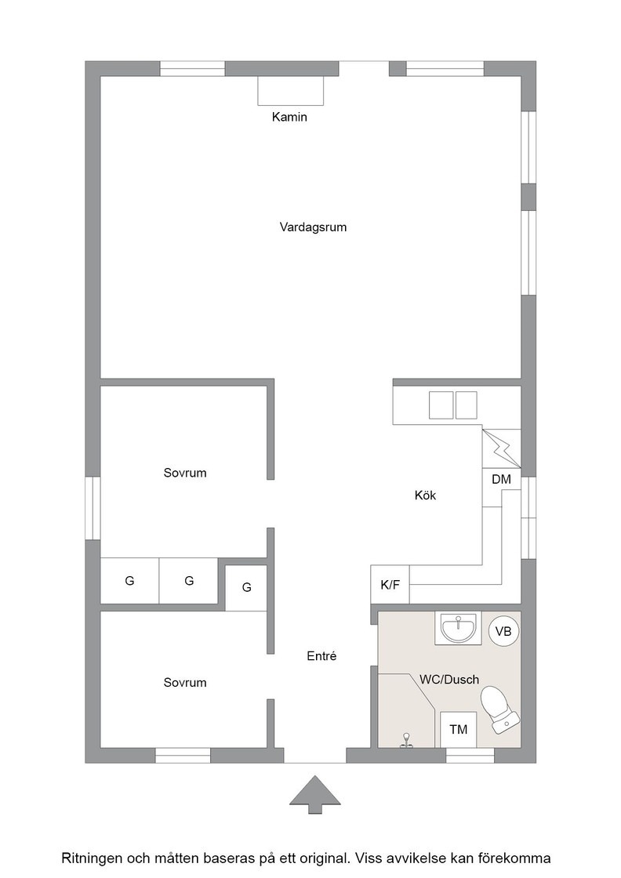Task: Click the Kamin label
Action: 289,117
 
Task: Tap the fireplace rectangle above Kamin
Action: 291,91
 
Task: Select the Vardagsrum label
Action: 313,227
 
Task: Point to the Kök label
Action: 425,495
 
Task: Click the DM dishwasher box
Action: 501,479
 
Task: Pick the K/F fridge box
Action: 390,585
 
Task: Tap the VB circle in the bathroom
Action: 503,631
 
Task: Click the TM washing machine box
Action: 459,729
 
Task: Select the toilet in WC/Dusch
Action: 499,709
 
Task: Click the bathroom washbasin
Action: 458,628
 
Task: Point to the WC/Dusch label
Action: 449,680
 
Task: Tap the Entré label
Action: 321,656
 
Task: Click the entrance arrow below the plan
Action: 314,794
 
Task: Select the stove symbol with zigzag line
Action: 501,448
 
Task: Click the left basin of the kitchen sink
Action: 441,405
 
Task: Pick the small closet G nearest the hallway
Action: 246,587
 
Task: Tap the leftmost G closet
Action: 129,581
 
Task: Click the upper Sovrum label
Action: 185,473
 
